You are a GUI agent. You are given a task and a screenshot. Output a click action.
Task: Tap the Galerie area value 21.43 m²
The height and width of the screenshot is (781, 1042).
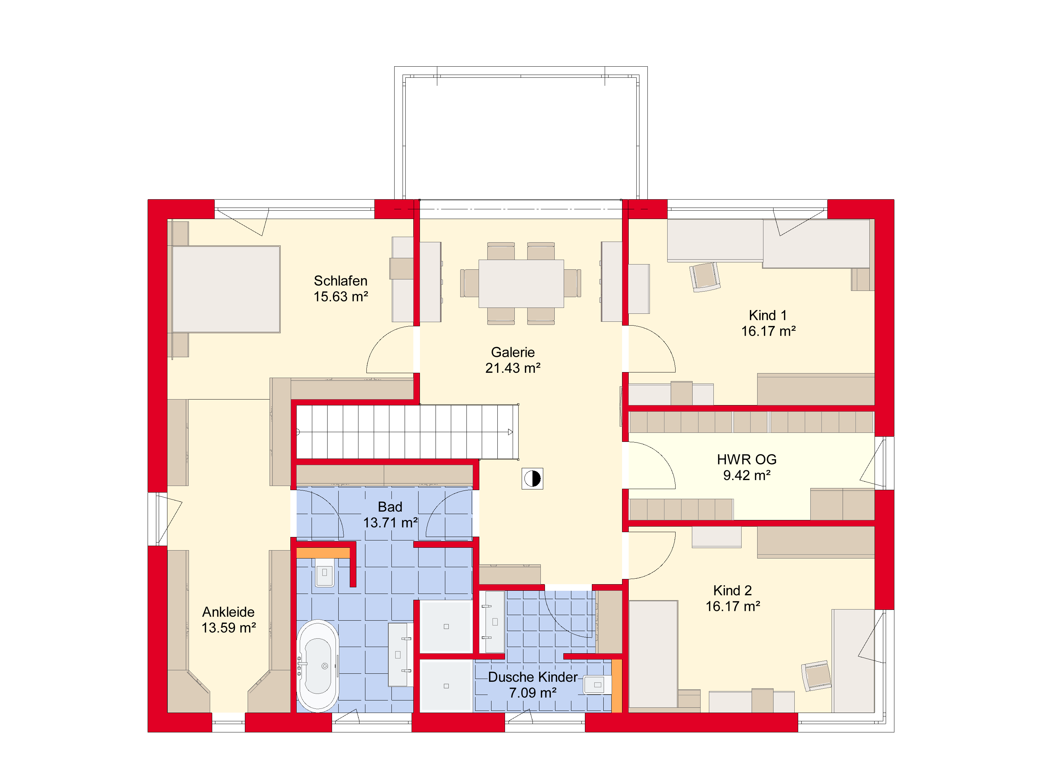513,368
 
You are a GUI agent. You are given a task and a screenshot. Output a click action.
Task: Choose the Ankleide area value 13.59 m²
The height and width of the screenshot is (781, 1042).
229,628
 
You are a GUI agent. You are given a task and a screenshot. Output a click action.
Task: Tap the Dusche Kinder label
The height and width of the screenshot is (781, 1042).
533,677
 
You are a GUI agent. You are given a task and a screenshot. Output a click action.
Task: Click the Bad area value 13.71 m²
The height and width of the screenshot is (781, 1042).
390,522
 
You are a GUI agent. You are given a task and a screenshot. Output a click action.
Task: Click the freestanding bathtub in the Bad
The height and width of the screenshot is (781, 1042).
318,666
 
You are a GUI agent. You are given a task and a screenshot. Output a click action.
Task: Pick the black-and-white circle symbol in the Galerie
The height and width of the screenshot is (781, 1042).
532,478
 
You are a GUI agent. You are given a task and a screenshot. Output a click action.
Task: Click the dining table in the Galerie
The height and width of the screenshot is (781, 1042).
521,283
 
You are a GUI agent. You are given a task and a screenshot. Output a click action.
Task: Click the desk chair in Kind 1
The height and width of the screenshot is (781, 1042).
705,277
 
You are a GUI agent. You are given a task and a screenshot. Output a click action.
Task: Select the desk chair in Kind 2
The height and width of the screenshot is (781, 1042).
816,675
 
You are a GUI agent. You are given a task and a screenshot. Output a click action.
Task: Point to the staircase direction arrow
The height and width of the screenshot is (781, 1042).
510,432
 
